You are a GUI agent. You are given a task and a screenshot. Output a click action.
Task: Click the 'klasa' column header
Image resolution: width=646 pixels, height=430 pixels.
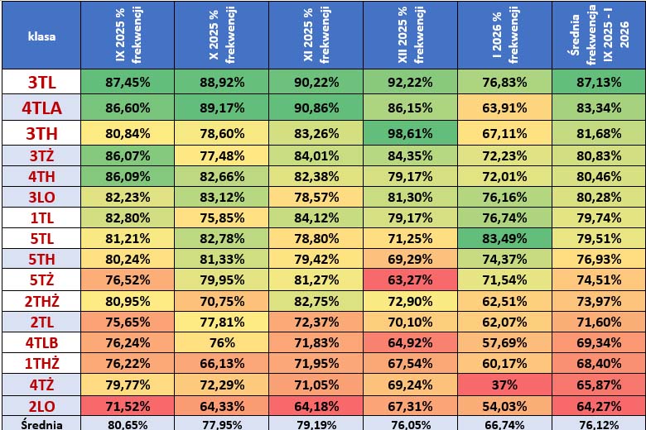41,36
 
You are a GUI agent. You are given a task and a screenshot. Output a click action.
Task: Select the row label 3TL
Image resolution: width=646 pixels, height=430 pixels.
41,83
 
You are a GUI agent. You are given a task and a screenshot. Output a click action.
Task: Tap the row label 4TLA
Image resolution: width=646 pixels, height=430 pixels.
41,107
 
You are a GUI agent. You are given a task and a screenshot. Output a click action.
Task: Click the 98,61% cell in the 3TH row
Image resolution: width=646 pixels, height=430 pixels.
411,132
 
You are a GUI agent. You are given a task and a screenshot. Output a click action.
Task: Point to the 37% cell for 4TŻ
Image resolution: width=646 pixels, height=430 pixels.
504,384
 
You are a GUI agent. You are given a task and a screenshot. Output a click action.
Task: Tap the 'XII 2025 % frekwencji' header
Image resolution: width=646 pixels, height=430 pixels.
411,36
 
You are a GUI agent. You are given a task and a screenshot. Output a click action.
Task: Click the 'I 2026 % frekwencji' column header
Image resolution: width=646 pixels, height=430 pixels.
504,36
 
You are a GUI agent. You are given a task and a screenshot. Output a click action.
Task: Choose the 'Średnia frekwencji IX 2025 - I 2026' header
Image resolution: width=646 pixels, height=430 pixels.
598,36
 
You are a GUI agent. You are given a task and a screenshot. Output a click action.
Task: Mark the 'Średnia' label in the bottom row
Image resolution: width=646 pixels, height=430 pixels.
41,423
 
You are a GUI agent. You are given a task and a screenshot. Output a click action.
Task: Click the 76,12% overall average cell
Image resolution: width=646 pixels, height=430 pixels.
598,423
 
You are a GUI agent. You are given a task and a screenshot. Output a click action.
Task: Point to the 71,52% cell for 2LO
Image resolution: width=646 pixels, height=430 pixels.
128,405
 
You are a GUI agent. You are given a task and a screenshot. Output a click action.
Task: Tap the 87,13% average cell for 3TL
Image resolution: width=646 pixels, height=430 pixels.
598,83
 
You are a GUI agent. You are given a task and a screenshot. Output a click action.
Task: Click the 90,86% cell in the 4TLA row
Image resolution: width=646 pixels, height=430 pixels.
316,107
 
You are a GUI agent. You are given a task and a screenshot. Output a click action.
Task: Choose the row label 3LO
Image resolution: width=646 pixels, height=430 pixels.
41,197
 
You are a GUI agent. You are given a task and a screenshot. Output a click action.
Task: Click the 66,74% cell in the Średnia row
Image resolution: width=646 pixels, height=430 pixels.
504,423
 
